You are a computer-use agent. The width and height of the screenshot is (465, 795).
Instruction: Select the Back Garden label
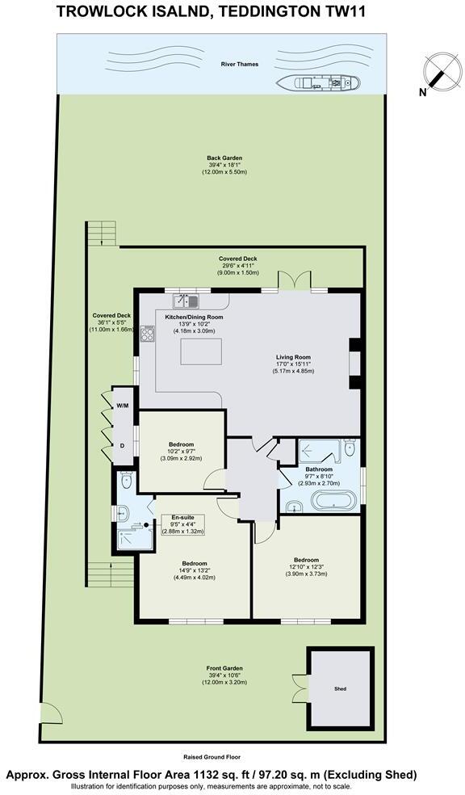tap(224, 158)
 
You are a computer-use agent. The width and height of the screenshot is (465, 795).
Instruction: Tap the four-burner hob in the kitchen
tap(148, 332)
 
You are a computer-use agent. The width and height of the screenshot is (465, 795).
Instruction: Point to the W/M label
tap(123, 406)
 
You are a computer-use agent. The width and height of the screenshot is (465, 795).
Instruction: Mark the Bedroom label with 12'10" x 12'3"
tap(306, 560)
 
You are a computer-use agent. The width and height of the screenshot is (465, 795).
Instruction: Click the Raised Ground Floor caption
tap(212, 757)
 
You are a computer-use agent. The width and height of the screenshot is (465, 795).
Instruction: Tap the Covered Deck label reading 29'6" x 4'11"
tap(220, 259)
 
